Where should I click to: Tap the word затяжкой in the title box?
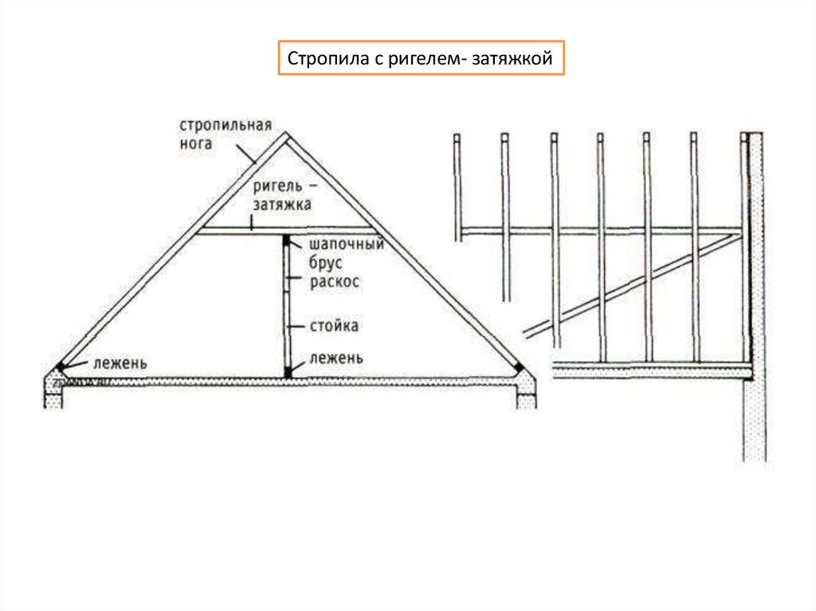pos(518,59)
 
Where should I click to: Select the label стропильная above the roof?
pos(226,126)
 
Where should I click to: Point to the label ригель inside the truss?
pos(277,186)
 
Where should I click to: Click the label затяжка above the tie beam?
pos(282,205)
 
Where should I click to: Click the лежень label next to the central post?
pos(339,358)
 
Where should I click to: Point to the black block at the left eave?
pos(59,367)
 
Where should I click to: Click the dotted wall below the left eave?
pos(53,394)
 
